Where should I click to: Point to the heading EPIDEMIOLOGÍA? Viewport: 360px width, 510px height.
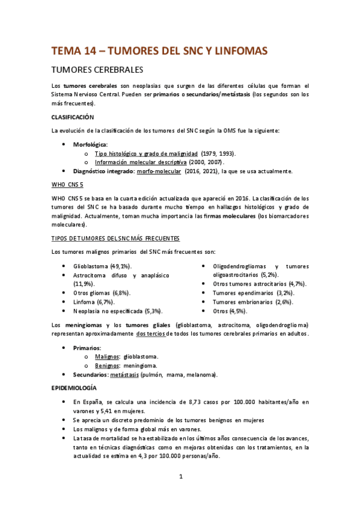pyautogui.click(x=75, y=388)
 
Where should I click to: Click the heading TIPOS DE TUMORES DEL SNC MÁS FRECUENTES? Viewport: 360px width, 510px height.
pyautogui.click(x=111, y=238)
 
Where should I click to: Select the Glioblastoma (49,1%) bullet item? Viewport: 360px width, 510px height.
pyautogui.click(x=103, y=265)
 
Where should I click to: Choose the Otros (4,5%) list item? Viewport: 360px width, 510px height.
pyautogui.click(x=230, y=311)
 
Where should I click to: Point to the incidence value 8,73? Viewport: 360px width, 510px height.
pyautogui.click(x=213, y=401)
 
